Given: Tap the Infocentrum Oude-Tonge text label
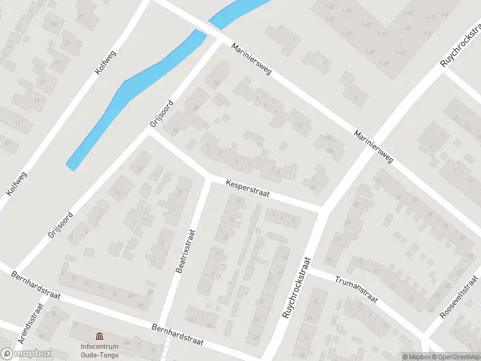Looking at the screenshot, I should point(100,350).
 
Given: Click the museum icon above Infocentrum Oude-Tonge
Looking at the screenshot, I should point(100,335).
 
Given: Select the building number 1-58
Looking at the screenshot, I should point(348,11).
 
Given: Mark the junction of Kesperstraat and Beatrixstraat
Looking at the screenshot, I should point(209,177).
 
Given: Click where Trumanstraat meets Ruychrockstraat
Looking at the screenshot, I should point(312,271).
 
